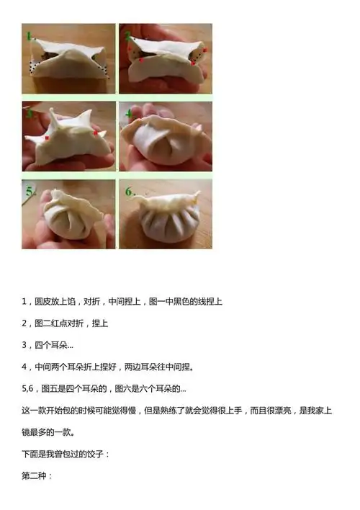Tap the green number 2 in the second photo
tap(127, 35)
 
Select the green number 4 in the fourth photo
tap(127, 113)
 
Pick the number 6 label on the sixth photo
tap(129, 192)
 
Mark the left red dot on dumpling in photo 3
tap(46, 137)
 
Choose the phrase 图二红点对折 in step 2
tap(60, 322)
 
